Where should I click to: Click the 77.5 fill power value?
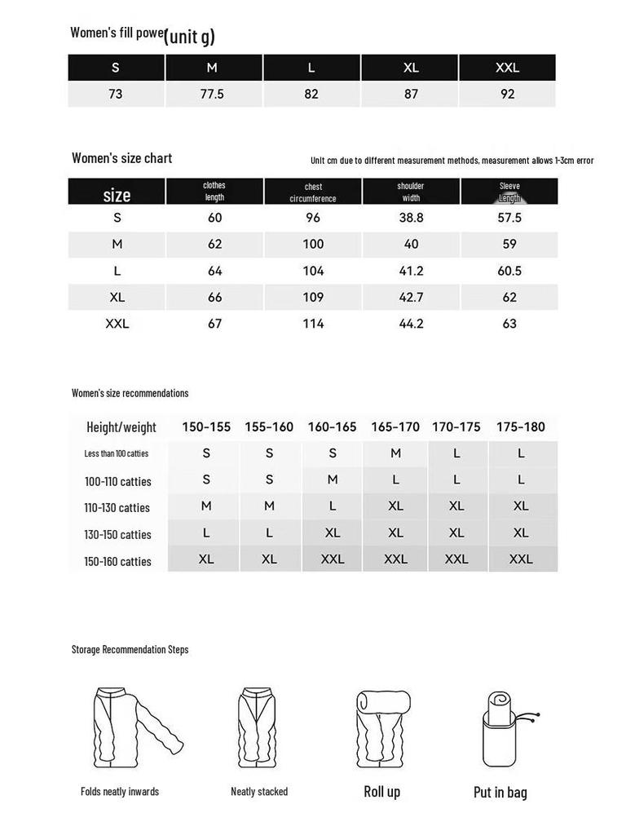[x=212, y=94]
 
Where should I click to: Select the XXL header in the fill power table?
[x=507, y=68]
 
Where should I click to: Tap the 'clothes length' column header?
[x=214, y=192]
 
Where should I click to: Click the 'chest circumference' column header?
[x=313, y=192]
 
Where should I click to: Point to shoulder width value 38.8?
[x=411, y=218]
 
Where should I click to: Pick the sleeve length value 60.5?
[x=509, y=271]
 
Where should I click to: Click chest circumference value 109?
[x=313, y=297]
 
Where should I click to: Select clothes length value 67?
[x=214, y=324]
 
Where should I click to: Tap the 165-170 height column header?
[x=395, y=426]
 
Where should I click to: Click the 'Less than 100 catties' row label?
[x=117, y=453]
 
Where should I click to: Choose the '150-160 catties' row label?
[x=117, y=561]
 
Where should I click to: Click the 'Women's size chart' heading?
[x=121, y=158]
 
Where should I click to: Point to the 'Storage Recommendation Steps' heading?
[x=130, y=650]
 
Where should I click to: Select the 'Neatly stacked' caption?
[x=259, y=792]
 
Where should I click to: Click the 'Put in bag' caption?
[x=500, y=792]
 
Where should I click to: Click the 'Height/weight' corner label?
[x=121, y=427]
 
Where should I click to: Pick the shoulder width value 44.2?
[x=411, y=324]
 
